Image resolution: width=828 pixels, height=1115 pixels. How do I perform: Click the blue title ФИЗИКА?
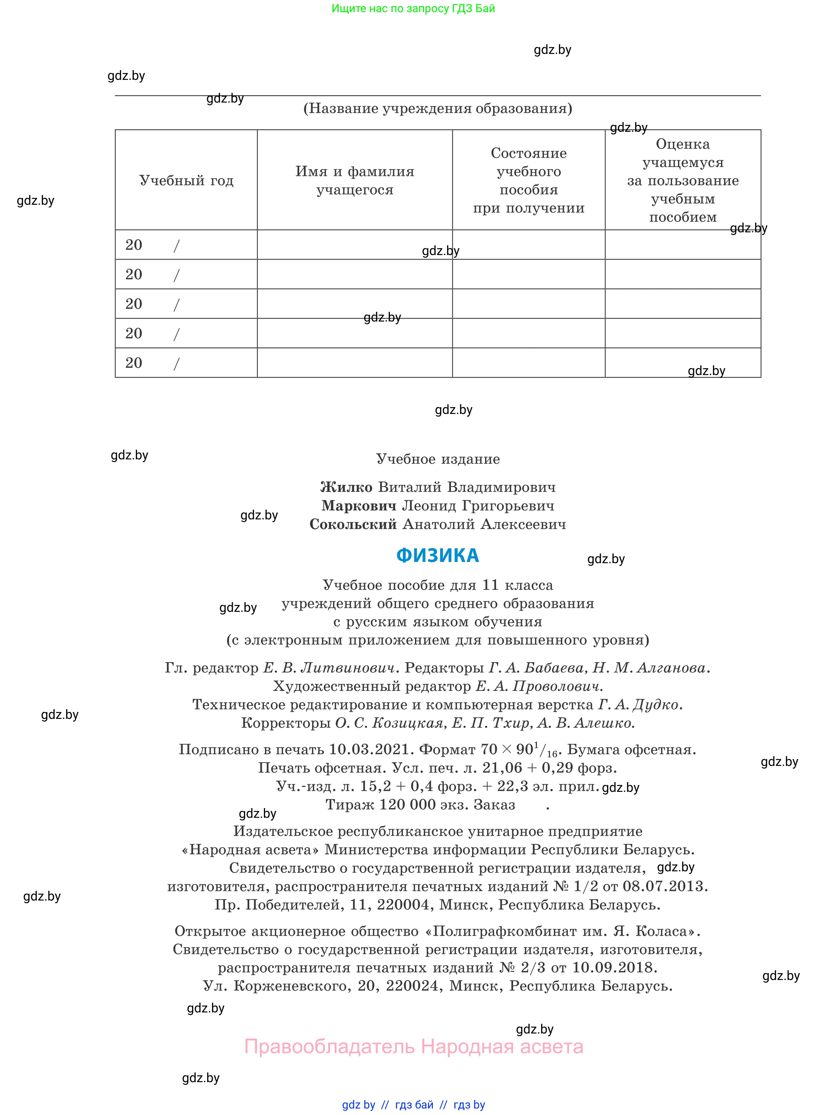tap(438, 555)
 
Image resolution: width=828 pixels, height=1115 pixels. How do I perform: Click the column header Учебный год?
tap(186, 180)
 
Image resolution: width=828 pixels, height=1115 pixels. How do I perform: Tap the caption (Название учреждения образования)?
tap(438, 108)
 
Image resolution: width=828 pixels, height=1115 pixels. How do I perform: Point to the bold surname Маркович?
tap(359, 506)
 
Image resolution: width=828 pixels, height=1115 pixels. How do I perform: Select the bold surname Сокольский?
tap(353, 524)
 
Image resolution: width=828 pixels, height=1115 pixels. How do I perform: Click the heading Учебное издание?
tap(438, 459)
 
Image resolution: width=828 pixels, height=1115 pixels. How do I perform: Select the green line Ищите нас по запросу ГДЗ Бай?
tap(413, 9)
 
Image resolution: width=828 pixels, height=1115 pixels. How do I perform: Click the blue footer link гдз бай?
tap(414, 1105)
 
